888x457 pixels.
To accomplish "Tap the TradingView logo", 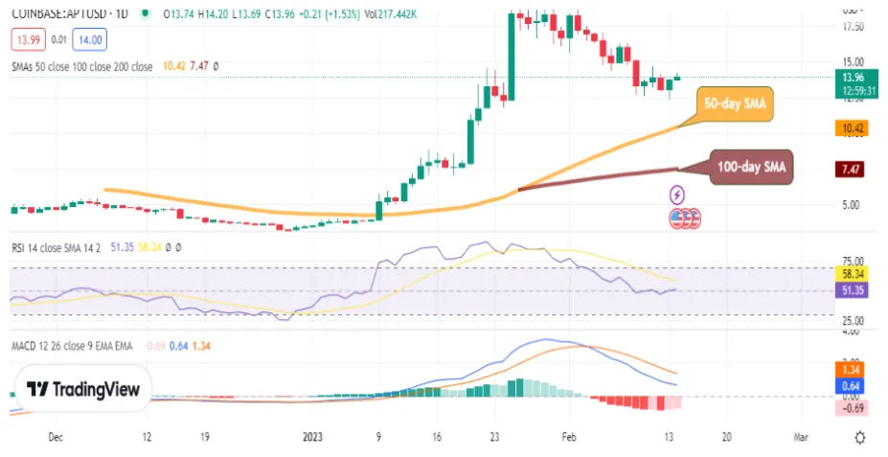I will coord(82,389).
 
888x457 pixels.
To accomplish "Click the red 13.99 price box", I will coord(26,39).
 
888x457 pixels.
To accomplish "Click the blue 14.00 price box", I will coord(90,39).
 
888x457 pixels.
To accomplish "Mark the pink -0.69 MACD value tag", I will coord(851,408).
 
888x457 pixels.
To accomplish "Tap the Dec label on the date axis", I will coord(55,436).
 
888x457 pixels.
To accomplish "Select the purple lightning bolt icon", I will coord(678,194).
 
